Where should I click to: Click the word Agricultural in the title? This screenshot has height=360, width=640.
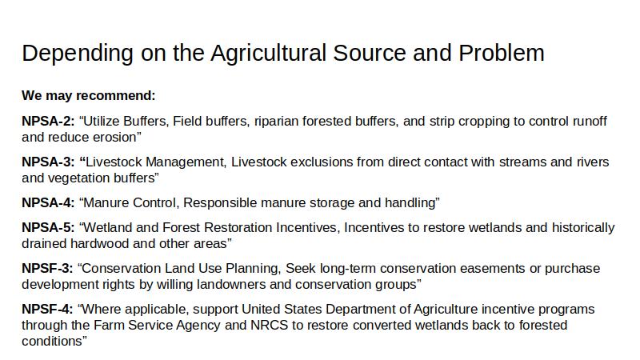click(x=268, y=54)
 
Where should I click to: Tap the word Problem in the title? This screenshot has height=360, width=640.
click(x=502, y=53)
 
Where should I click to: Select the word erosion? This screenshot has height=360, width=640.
click(x=114, y=137)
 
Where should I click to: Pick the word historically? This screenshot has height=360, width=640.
click(x=583, y=227)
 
